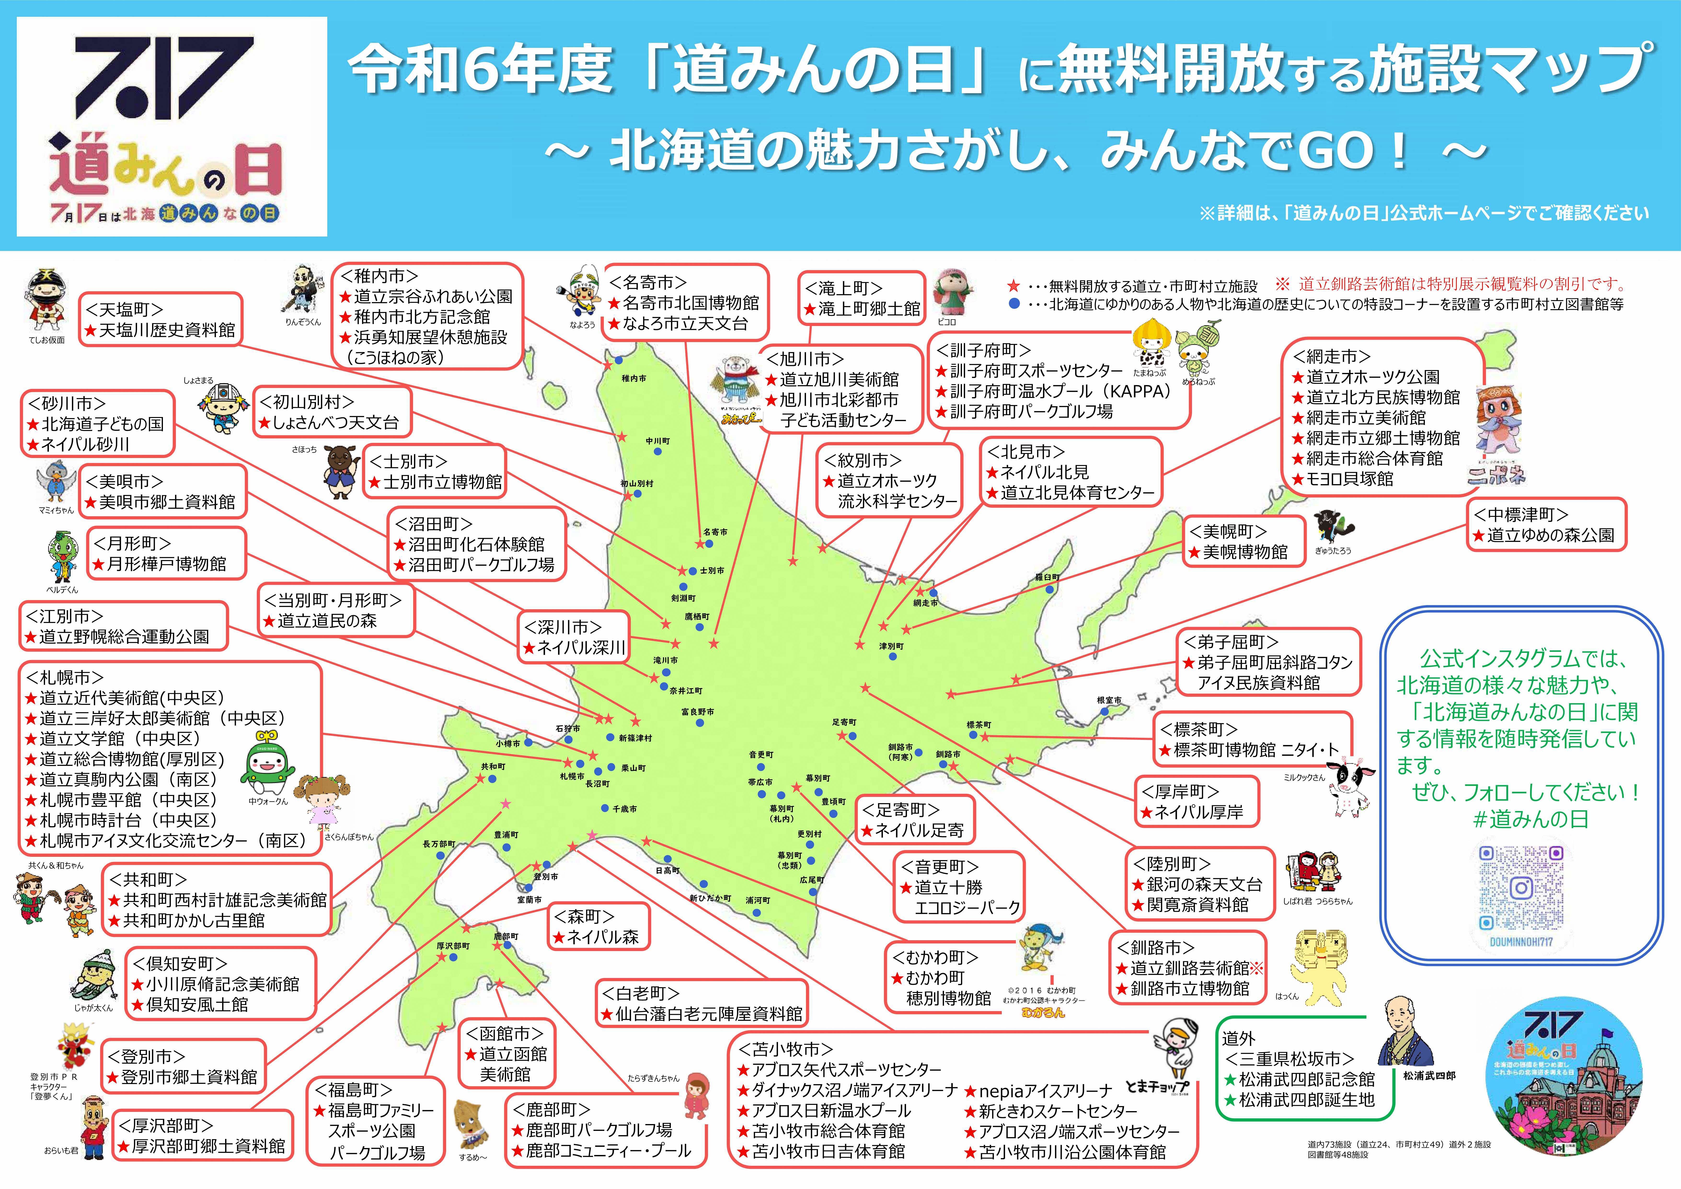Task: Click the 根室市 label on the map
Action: pyautogui.click(x=1109, y=700)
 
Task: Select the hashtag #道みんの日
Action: pyautogui.click(x=1530, y=819)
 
